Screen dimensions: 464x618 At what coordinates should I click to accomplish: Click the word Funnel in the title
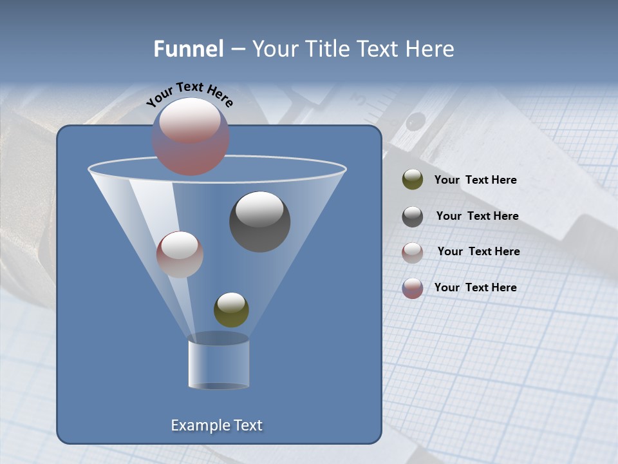click(x=188, y=49)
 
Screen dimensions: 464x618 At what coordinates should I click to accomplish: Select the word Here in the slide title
click(x=429, y=49)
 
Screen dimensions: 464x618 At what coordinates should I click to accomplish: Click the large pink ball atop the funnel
click(x=191, y=136)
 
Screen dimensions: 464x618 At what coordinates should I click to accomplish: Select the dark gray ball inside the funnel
click(x=259, y=222)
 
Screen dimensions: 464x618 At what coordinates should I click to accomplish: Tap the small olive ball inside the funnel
click(x=231, y=309)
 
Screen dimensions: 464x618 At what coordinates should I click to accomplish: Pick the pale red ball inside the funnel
click(x=180, y=255)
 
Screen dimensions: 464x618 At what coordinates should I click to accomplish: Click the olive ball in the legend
click(x=413, y=180)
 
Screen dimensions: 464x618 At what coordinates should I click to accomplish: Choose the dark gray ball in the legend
click(x=413, y=217)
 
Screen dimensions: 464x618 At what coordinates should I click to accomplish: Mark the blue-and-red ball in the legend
click(x=413, y=288)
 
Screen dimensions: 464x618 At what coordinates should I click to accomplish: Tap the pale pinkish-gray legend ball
click(x=413, y=253)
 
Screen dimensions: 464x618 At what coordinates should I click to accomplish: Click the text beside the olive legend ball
click(x=475, y=180)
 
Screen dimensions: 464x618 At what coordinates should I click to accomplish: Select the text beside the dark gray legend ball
click(x=477, y=217)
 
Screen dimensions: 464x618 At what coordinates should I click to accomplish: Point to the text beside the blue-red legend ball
click(x=475, y=287)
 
